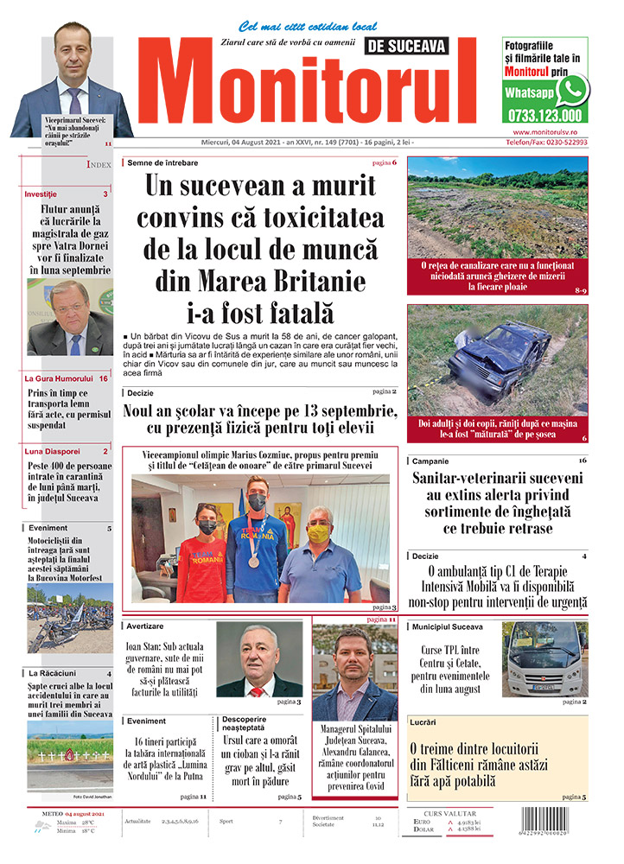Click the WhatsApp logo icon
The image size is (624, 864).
point(572,89)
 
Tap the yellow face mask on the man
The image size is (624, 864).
point(319,533)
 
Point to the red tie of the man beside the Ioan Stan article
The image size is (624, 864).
point(256,690)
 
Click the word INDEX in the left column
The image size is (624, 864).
point(99,164)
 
